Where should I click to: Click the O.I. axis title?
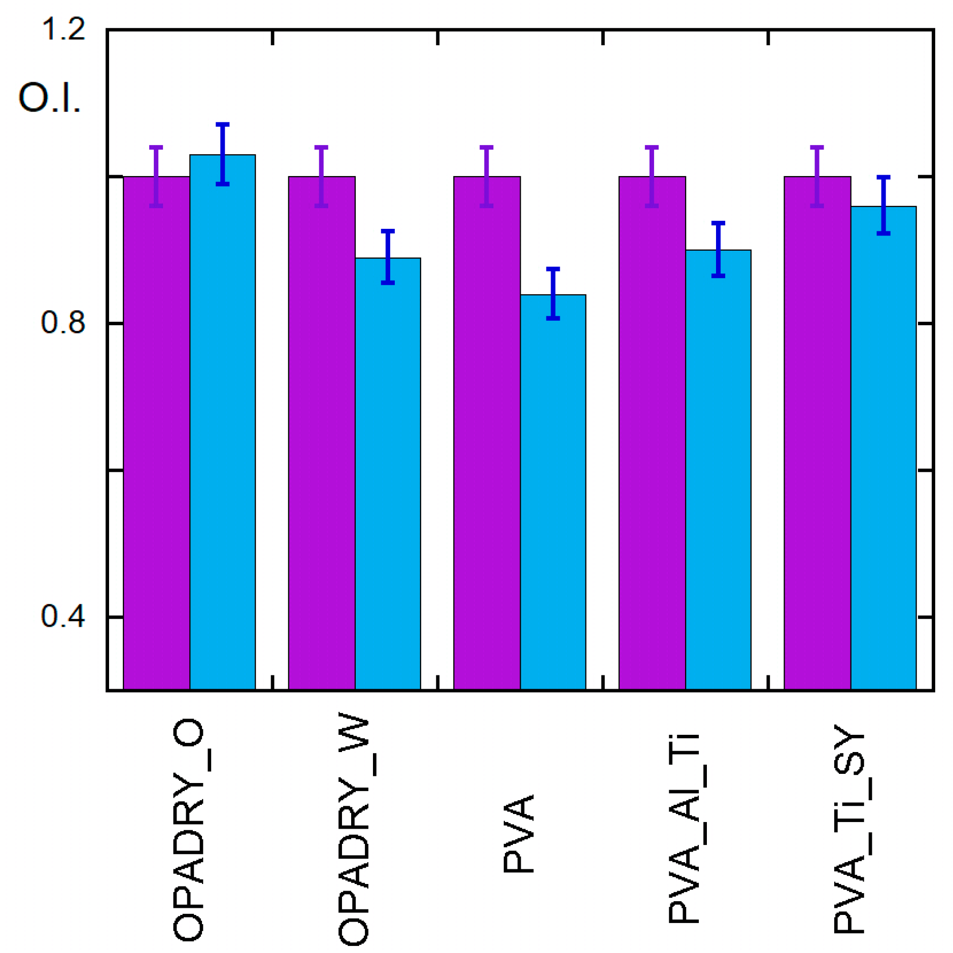pyautogui.click(x=49, y=97)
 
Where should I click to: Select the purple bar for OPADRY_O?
pyautogui.click(x=156, y=431)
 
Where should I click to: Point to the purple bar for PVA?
pyautogui.click(x=487, y=431)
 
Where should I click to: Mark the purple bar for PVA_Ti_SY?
pyautogui.click(x=817, y=431)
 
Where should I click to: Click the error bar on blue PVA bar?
pyautogui.click(x=553, y=293)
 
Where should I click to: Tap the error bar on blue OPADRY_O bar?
pyautogui.click(x=222, y=154)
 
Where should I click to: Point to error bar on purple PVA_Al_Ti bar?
pyautogui.click(x=652, y=176)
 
